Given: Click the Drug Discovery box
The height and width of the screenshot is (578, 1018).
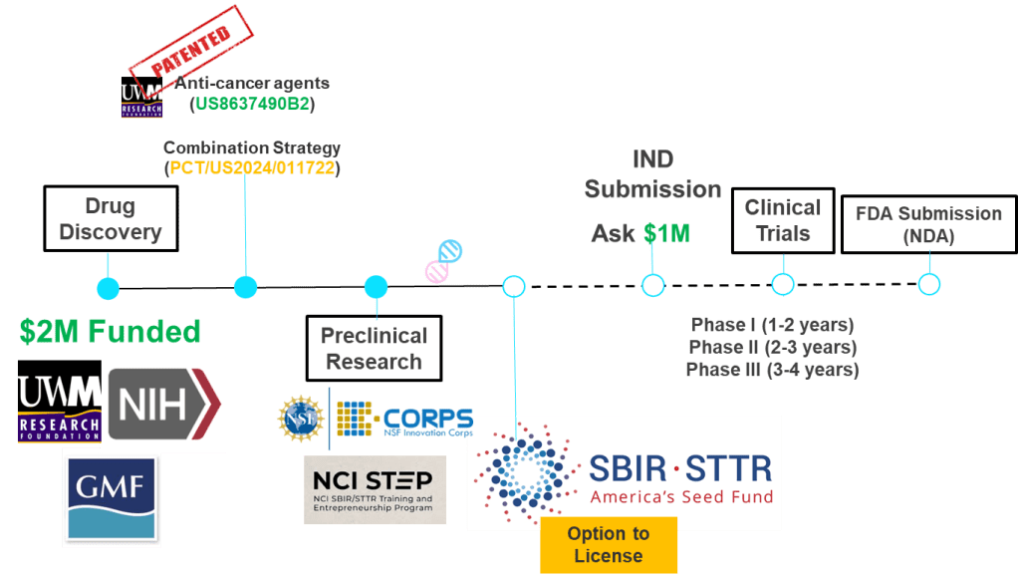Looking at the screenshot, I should pyautogui.click(x=110, y=218).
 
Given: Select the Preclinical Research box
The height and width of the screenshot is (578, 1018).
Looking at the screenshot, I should pyautogui.click(x=374, y=349).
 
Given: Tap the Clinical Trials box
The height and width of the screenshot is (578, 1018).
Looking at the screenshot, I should pyautogui.click(x=783, y=220).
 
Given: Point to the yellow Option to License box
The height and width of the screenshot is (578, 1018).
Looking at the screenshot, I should pyautogui.click(x=608, y=544).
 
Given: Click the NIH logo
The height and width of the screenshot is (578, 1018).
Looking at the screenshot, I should pyautogui.click(x=164, y=404).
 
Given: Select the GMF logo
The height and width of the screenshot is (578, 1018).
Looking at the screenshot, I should pyautogui.click(x=112, y=495).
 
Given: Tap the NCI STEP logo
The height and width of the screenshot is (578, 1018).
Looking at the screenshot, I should pyautogui.click(x=375, y=488).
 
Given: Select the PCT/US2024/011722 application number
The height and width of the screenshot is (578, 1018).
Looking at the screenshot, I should pyautogui.click(x=253, y=168).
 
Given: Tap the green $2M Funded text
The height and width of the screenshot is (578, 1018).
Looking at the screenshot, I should pyautogui.click(x=110, y=332).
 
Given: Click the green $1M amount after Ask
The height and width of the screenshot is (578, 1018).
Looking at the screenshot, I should pyautogui.click(x=665, y=234).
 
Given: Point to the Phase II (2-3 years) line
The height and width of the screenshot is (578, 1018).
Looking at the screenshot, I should pyautogui.click(x=772, y=348).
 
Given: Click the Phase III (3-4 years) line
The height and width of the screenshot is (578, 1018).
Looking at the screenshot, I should pyautogui.click(x=772, y=370).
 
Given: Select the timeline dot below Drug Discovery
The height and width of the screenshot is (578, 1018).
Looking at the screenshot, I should pyautogui.click(x=108, y=289).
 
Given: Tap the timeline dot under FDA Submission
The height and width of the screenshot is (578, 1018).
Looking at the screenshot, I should pyautogui.click(x=928, y=285).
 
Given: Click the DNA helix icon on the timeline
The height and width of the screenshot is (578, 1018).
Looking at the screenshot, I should pyautogui.click(x=444, y=259).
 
